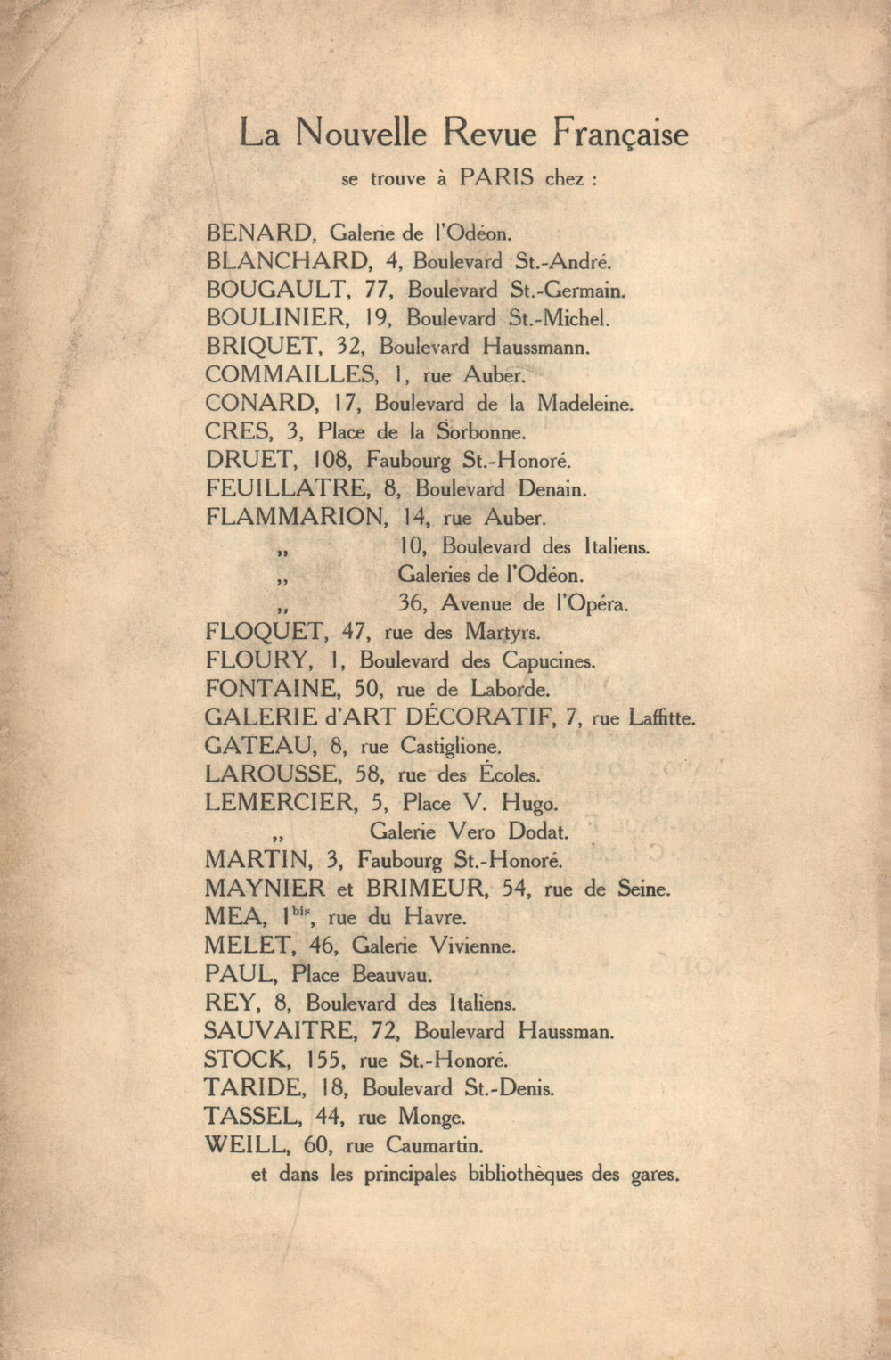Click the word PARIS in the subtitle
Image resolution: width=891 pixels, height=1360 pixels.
(496, 177)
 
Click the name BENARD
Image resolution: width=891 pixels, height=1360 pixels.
(259, 233)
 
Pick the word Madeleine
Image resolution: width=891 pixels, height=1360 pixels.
(584, 403)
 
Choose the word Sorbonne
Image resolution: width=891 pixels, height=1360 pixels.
(481, 432)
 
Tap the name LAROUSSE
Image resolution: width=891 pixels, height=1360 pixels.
(272, 774)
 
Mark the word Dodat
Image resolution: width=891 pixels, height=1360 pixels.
(537, 832)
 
